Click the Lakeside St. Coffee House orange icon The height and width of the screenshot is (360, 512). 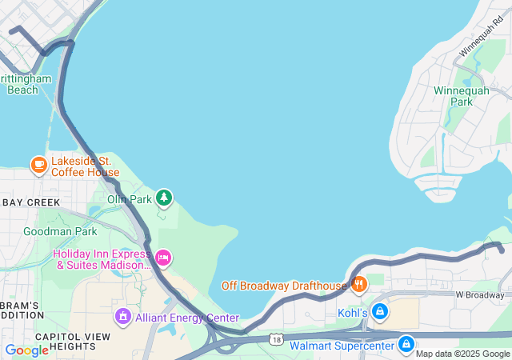click(38, 166)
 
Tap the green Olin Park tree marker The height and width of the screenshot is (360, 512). click(164, 197)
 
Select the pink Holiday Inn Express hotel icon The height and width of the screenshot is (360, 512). click(163, 257)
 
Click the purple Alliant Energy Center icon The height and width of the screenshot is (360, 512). click(123, 318)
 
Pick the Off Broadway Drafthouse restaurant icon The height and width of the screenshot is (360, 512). click(359, 284)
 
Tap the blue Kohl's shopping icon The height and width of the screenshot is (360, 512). click(381, 311)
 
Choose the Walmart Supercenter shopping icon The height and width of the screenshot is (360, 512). click(406, 345)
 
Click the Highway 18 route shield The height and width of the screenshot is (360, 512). click(276, 339)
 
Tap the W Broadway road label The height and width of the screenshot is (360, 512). click(481, 295)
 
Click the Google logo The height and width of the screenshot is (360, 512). click(26, 350)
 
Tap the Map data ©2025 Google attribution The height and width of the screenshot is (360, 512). click(462, 354)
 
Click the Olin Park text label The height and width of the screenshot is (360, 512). click(130, 198)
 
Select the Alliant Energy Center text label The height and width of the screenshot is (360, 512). click(187, 318)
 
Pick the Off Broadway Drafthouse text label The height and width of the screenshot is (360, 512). click(283, 285)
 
